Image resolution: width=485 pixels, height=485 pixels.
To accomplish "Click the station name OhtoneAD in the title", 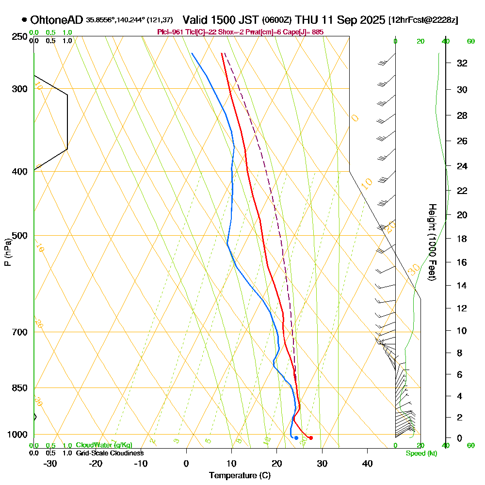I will [x=57, y=20].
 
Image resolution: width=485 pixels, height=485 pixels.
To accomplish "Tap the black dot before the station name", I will [x=24, y=20].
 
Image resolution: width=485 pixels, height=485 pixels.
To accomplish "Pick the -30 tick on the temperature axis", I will [x=50, y=463].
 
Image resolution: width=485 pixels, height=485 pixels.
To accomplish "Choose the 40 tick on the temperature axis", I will [x=367, y=463].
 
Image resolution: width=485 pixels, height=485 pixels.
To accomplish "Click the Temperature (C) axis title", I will [x=240, y=475].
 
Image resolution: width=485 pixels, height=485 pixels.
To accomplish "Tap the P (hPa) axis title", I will [x=7, y=252].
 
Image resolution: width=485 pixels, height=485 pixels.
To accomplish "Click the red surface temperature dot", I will [x=311, y=438].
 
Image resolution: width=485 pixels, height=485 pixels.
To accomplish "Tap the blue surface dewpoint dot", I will [x=296, y=438].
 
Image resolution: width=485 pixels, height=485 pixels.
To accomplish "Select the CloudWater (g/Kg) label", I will [x=104, y=445].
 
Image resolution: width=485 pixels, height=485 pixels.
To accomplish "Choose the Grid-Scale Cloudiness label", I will [x=109, y=453].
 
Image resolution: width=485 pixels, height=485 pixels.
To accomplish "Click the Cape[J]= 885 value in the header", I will [x=306, y=32].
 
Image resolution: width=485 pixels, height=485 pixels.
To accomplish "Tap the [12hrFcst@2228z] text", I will [x=423, y=20].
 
